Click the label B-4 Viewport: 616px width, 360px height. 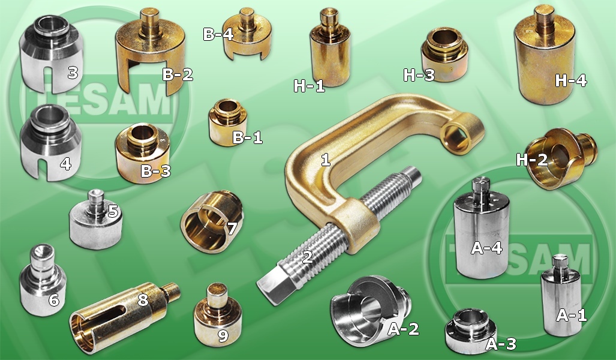coord(218,34)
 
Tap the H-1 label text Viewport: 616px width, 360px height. coord(309,86)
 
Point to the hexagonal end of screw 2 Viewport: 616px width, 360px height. coord(272,283)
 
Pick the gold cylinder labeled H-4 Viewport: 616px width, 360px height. coord(545,56)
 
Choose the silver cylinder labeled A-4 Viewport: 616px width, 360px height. coord(482,229)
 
